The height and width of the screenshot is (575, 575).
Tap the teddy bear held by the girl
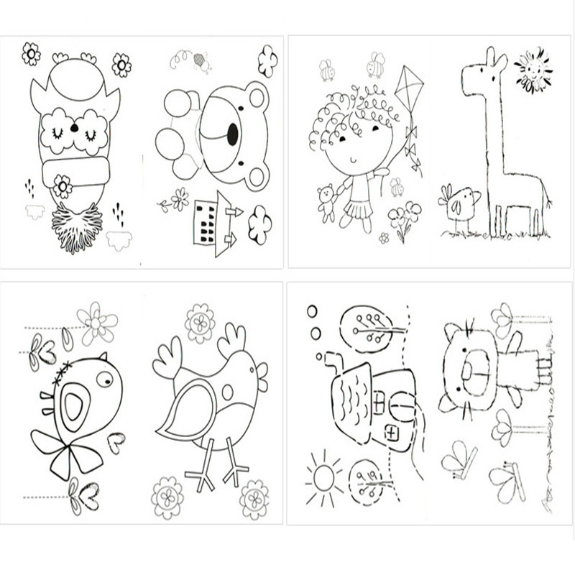[328, 201]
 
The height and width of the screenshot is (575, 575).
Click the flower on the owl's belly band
[63, 187]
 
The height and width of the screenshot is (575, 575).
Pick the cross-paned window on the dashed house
[392, 433]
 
